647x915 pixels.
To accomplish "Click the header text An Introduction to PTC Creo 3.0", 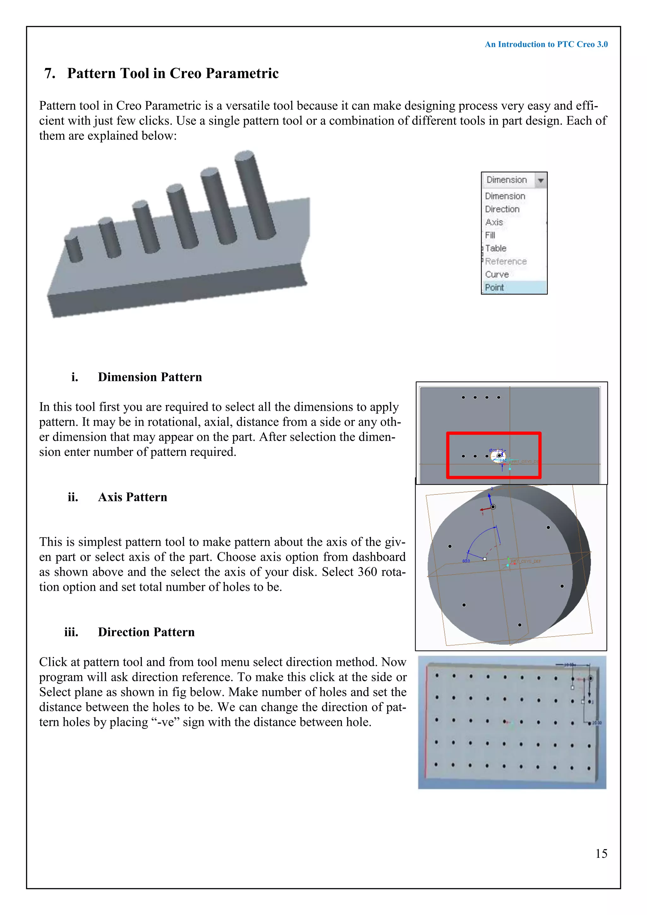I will (546, 44).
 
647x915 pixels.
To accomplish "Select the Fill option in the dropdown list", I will (490, 235).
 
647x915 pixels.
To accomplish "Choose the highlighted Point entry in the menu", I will (494, 287).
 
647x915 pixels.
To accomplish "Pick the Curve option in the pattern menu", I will (497, 274).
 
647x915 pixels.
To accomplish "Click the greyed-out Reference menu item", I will (505, 261).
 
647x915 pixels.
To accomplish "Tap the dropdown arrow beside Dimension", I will (541, 180).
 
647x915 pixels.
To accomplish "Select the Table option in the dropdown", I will (496, 248).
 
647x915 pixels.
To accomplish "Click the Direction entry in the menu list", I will (502, 209).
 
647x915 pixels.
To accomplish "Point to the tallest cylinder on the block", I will (255, 195).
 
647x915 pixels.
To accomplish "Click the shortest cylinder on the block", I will (74, 248).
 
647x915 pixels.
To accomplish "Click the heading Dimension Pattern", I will (150, 377).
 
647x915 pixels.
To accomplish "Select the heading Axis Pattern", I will (132, 497).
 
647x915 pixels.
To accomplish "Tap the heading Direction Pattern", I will (146, 632).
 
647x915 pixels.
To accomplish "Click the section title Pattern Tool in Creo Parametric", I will (172, 73).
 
